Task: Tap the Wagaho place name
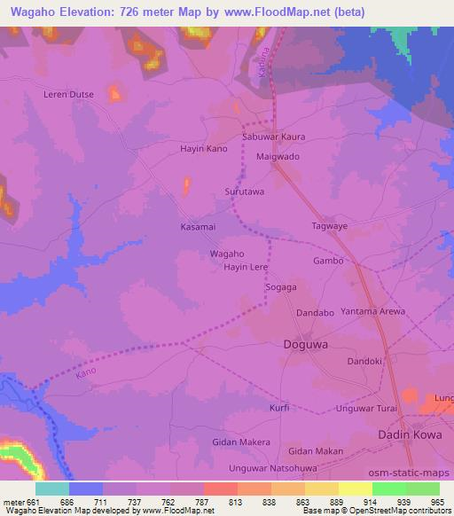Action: point(227,254)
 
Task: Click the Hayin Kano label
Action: point(204,148)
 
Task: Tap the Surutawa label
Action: point(245,191)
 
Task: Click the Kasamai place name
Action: point(198,228)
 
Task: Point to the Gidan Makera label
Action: point(241,442)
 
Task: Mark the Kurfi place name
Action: point(279,408)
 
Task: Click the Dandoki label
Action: point(364,361)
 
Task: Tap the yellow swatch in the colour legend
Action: point(356,489)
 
